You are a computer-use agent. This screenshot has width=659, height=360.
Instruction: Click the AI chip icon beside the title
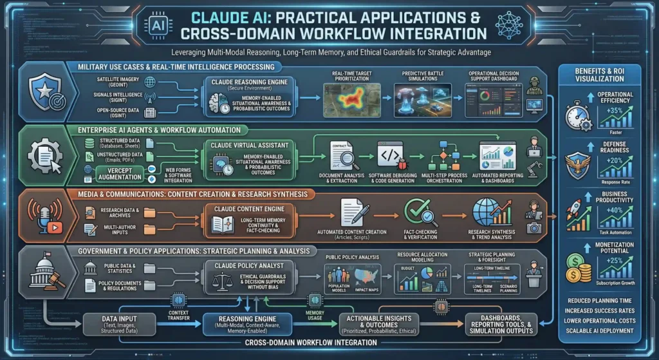(x=157, y=24)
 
